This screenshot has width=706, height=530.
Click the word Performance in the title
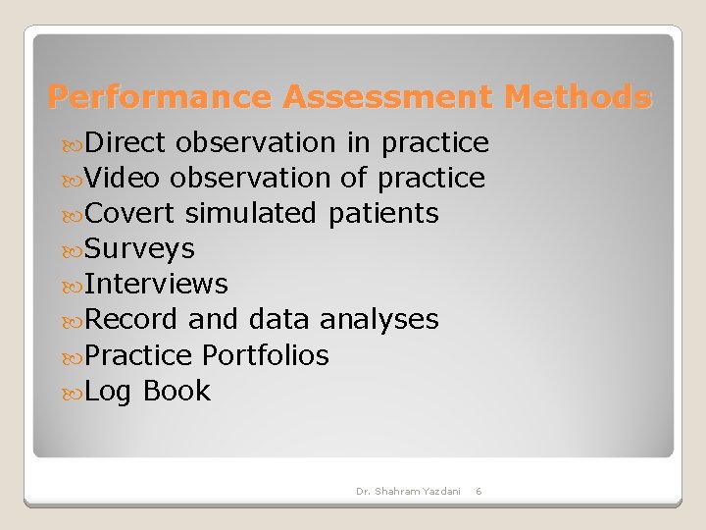160,97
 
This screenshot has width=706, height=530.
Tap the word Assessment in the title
388,97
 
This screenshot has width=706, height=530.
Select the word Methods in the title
577,97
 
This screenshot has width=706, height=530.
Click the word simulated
250,213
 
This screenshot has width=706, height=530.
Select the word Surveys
140,248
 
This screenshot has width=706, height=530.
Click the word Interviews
157,284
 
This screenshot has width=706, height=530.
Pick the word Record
131,319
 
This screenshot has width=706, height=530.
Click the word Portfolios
265,354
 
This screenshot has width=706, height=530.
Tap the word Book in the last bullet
176,391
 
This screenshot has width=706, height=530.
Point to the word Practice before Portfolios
138,354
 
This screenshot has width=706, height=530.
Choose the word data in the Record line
279,319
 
